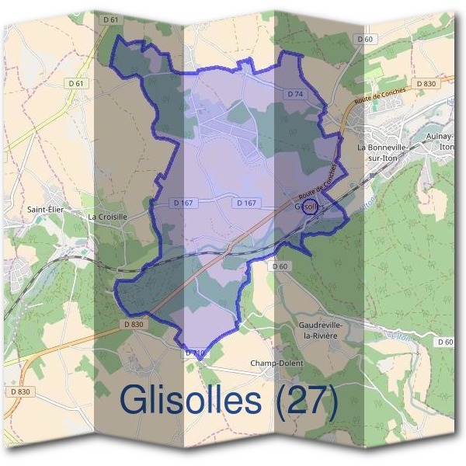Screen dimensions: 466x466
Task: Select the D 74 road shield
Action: [x=294, y=93]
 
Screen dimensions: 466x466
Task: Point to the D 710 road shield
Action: [x=196, y=353]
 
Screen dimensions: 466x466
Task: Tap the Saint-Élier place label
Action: [x=43, y=209]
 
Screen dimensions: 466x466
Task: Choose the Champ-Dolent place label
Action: [x=276, y=363]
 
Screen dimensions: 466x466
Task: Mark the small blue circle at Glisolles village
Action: [x=309, y=206]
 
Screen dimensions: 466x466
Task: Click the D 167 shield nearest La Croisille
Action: [x=182, y=203]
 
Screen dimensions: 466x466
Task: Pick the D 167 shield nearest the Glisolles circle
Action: [x=245, y=203]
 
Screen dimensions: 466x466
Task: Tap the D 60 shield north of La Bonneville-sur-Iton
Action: [x=365, y=39]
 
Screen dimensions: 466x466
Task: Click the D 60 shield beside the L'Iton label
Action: [x=445, y=342]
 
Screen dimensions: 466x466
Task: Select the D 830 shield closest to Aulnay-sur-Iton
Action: [x=426, y=83]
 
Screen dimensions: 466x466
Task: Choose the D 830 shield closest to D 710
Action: [x=133, y=324]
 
